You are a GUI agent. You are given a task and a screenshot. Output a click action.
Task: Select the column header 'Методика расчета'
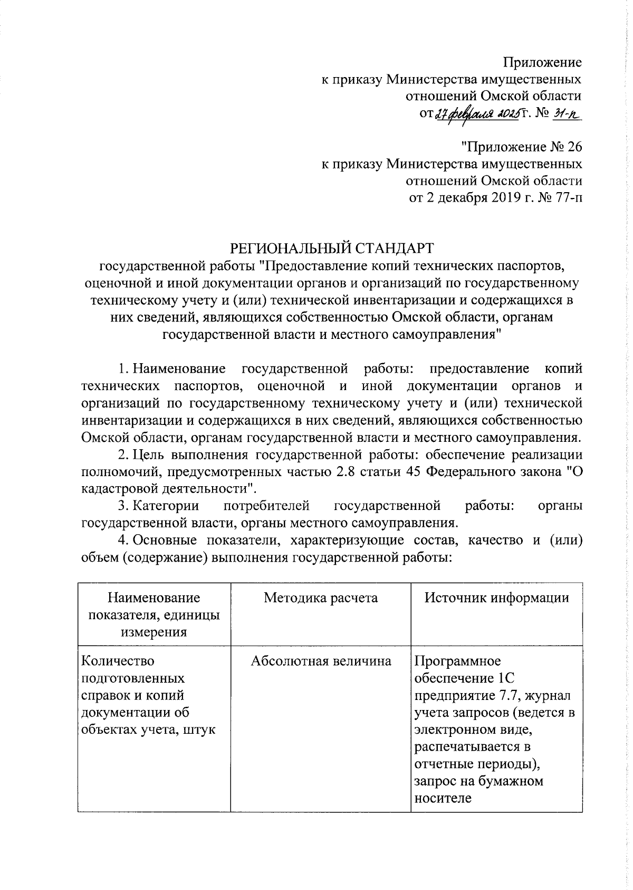(321, 598)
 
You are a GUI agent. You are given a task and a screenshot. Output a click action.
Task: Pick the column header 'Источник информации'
(497, 598)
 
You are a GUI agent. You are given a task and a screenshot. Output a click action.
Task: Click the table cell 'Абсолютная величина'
(321, 661)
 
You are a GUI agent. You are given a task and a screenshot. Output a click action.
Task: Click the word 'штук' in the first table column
(201, 730)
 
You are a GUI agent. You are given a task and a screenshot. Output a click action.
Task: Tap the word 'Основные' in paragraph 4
(164, 540)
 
